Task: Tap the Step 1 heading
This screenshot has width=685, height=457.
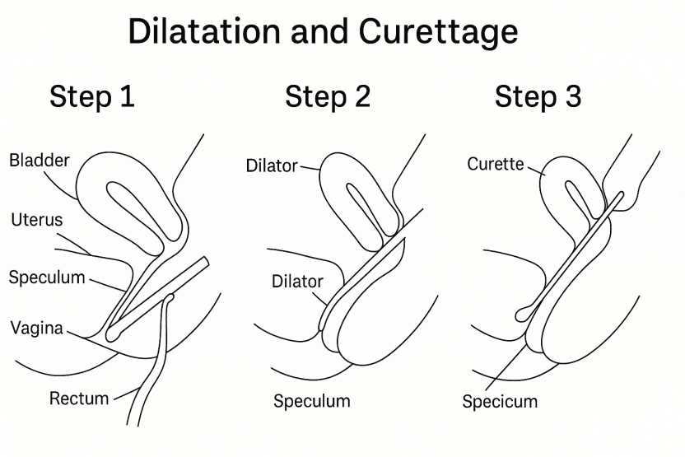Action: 92,97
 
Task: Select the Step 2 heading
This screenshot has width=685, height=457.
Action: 328,97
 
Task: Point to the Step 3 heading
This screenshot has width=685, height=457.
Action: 538,97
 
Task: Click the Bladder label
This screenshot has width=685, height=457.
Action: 40,160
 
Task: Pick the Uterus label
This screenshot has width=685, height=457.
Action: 36,220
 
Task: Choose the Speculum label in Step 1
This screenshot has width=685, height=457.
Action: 47,277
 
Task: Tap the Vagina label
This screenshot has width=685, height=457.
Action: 37,328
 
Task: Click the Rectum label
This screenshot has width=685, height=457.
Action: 79,399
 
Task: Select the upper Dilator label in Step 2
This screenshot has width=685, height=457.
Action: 272,166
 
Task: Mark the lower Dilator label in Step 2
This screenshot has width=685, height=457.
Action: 297,282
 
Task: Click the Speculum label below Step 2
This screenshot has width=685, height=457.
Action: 312,402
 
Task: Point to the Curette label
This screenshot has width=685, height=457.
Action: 496,164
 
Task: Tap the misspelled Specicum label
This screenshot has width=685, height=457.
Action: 500,402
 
